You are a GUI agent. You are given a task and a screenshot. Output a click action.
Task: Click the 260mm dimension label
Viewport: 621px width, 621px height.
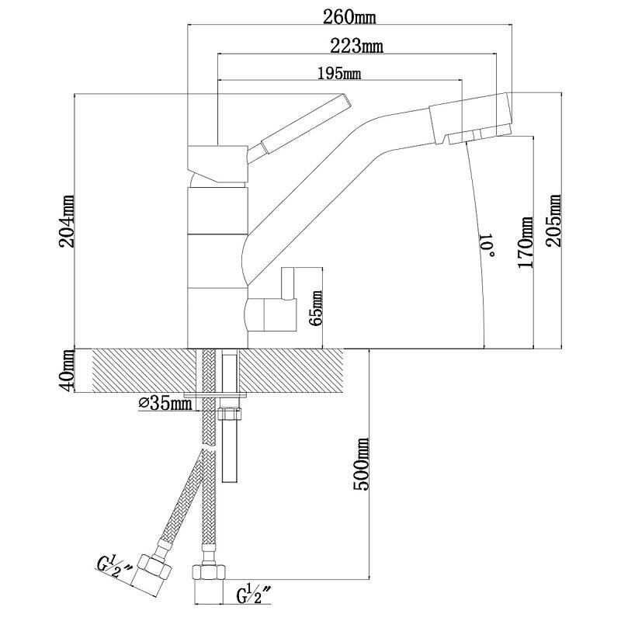pyautogui.click(x=350, y=15)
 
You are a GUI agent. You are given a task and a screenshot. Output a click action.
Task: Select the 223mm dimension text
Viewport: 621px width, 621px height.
pyautogui.click(x=357, y=45)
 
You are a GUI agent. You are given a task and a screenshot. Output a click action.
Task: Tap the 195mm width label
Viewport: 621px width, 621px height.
pyautogui.click(x=339, y=74)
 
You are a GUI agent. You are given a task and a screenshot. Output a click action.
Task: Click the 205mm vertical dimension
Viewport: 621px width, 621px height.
pyautogui.click(x=555, y=221)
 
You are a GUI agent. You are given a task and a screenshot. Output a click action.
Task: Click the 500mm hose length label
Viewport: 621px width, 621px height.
pyautogui.click(x=361, y=463)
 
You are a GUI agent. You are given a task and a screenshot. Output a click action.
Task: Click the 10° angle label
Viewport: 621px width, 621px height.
pyautogui.click(x=487, y=246)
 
